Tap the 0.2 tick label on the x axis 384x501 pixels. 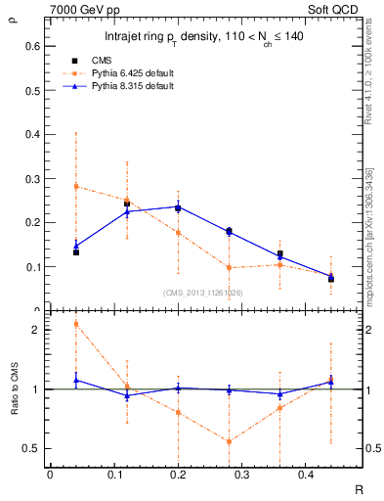point(177,476)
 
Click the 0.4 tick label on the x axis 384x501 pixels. point(305,476)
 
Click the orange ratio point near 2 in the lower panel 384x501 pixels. point(76,324)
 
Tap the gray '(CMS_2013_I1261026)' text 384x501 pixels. point(203,292)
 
